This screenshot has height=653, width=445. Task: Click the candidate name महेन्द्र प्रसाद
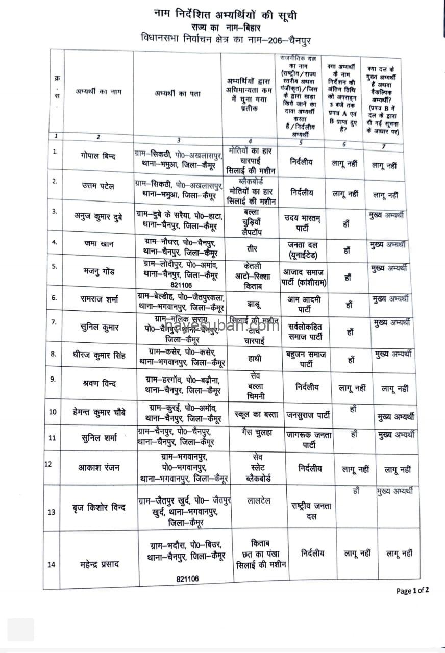point(98,564)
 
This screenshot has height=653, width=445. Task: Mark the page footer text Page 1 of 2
point(412,591)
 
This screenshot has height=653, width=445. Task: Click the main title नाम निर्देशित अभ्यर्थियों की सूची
point(225,16)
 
